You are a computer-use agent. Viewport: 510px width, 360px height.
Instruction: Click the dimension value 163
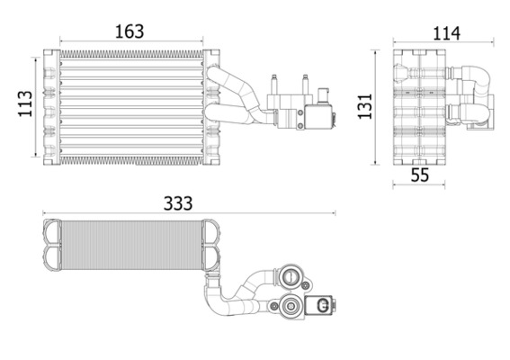(130, 31)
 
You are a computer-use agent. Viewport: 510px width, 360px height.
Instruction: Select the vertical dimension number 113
(24, 107)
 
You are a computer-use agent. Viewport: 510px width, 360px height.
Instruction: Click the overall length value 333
(178, 203)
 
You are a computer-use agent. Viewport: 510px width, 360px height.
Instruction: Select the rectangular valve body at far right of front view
(318, 115)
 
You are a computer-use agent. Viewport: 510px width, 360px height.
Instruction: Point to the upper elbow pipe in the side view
(471, 76)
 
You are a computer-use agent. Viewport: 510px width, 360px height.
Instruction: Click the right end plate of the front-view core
(211, 107)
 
